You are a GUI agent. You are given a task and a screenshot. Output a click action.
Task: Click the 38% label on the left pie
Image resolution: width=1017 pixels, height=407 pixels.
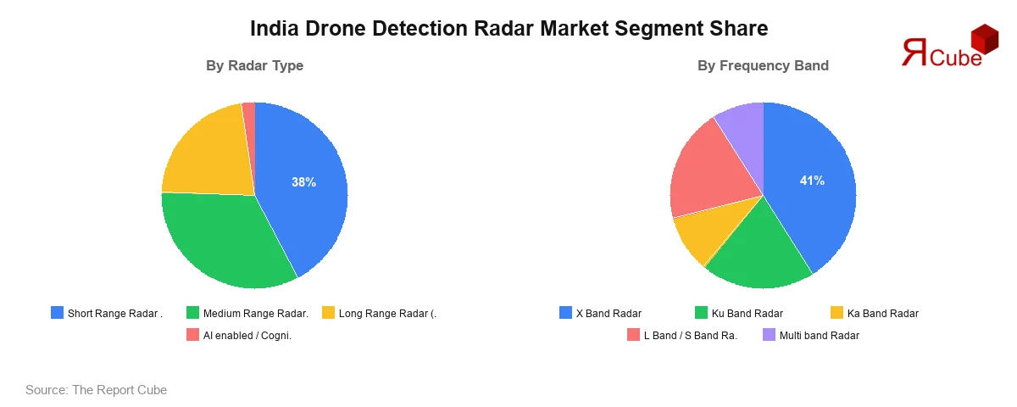(x=303, y=182)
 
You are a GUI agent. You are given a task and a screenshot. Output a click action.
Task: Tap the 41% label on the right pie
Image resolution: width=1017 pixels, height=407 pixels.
(x=812, y=181)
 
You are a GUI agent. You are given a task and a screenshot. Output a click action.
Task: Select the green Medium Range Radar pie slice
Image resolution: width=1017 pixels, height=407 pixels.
(x=225, y=242)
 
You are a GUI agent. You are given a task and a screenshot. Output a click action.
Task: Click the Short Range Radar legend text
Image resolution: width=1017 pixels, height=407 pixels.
(x=114, y=314)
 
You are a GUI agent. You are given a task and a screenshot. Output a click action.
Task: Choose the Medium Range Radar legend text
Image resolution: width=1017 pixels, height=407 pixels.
(x=256, y=314)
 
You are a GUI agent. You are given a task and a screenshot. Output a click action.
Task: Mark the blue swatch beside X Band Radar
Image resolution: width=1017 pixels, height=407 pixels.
(x=565, y=314)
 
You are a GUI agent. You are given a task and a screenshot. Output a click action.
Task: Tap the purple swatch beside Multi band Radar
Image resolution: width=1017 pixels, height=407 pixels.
(x=769, y=335)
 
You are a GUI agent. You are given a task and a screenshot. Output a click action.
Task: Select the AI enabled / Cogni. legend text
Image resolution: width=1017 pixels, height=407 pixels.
(x=247, y=335)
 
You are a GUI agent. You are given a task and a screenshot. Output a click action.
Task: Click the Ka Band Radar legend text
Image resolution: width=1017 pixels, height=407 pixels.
(x=882, y=314)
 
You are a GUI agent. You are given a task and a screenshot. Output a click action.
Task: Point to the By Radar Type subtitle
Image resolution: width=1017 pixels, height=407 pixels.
(x=254, y=65)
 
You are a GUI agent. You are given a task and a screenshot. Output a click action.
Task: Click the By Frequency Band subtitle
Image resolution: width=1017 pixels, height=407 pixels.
(x=763, y=65)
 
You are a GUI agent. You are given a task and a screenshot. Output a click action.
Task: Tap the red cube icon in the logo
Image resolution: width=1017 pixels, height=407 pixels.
(x=985, y=39)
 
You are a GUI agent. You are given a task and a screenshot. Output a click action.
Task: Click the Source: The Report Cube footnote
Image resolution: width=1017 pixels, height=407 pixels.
(x=96, y=390)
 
